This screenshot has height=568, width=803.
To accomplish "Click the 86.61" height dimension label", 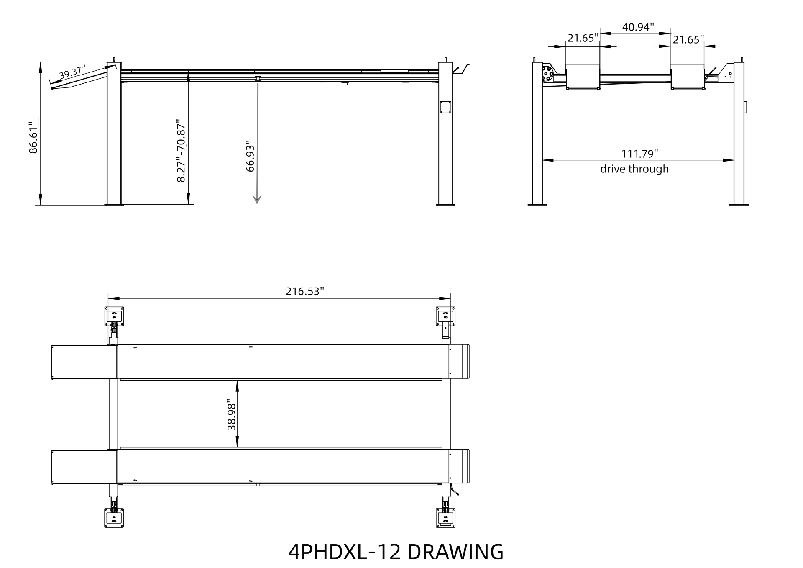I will click(33, 138).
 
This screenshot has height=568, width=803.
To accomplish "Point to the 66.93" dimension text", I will click(250, 156).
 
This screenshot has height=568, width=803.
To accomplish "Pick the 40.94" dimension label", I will click(638, 27).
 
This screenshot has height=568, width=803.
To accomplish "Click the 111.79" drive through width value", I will click(639, 154).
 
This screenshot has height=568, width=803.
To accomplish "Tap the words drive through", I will click(634, 169).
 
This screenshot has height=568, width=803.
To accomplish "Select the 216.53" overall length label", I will click(305, 291).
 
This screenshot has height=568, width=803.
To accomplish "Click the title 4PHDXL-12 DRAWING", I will click(396, 552).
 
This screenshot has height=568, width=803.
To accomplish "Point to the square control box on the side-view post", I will click(445, 107).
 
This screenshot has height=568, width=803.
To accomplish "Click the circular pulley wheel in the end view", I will click(547, 74).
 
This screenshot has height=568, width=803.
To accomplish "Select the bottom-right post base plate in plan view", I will click(445, 518).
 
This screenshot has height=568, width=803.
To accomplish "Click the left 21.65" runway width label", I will click(583, 39).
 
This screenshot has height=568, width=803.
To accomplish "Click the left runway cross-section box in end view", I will click(583, 79).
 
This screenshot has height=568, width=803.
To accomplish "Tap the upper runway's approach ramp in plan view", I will click(84, 362).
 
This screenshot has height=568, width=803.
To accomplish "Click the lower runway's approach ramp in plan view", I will click(84, 467).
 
